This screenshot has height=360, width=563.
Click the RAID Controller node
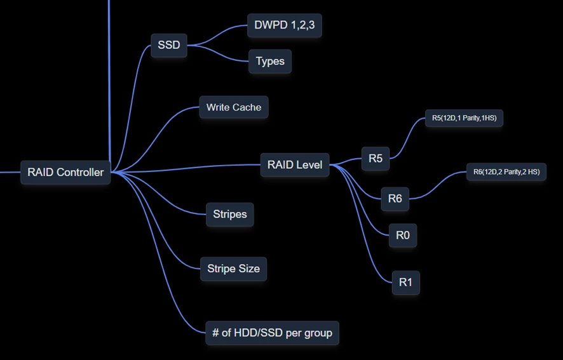coord(65,172)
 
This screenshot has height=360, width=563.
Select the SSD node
coord(169,45)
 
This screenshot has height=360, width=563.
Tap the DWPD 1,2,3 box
coord(284,25)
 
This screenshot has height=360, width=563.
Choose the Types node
coord(270,62)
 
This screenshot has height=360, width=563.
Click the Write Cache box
coord(234,107)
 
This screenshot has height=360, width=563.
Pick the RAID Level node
coord(295,165)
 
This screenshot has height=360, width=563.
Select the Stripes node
coord(230,214)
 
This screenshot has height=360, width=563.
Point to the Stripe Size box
coord(233,269)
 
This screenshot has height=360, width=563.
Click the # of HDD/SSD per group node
coord(272,333)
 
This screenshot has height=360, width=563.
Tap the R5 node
coord(376,158)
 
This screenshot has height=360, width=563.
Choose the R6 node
coord(395,199)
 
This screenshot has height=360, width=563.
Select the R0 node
coord(403,235)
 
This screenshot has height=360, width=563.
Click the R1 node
coord(405,282)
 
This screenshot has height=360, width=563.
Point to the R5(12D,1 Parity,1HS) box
coord(464,117)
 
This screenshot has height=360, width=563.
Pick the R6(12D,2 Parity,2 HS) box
coord(506,171)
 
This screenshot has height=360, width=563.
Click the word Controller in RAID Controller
coord(80,172)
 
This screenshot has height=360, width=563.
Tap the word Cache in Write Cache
coord(248,107)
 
